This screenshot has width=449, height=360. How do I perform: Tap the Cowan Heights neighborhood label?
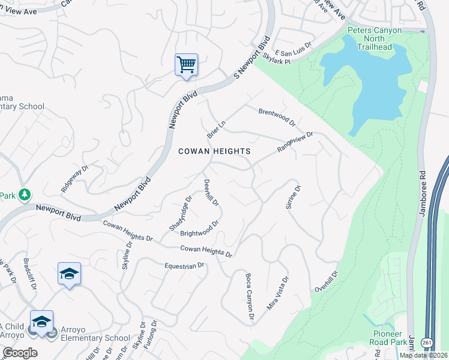pyautogui.click(x=214, y=151)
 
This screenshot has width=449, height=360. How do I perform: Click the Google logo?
pyautogui.click(x=20, y=353)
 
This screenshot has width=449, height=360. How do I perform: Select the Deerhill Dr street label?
pyautogui.click(x=211, y=193)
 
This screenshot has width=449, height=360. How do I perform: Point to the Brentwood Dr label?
pyautogui.click(x=277, y=117)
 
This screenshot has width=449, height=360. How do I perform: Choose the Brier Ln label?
pyautogui.click(x=215, y=127)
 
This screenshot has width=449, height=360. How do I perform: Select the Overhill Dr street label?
pyautogui.click(x=327, y=281)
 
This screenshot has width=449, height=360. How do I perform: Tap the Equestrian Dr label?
pyautogui.click(x=185, y=265)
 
